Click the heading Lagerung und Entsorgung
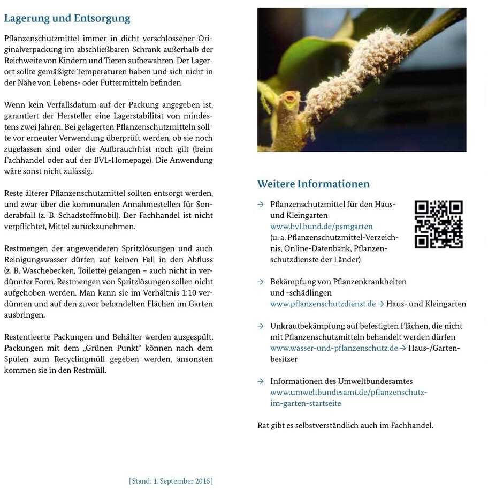pos(67,18)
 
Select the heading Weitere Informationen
pos(313,184)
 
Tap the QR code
pos(438,224)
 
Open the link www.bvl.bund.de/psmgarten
pos(321,227)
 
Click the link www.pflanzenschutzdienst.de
pos(323,304)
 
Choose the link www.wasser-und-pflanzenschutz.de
pos(334,348)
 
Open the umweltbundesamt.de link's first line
pos(348,392)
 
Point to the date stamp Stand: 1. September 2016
pos(171,481)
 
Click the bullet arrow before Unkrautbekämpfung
pos(261,326)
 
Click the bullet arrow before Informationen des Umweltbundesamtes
pos(261,381)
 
